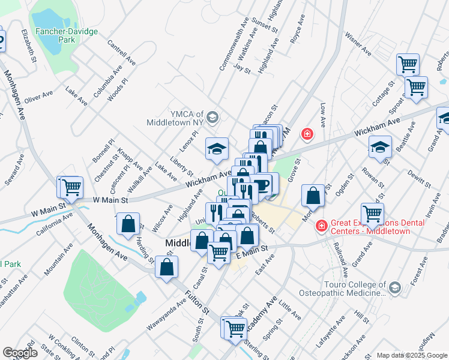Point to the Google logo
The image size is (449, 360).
[19, 353]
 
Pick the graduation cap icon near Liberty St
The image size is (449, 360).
[217, 149]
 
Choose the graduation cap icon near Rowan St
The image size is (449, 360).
[380, 147]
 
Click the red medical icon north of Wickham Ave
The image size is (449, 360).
[307, 133]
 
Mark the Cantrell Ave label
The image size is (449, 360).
[122, 52]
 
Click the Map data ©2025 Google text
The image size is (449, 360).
[411, 355]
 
